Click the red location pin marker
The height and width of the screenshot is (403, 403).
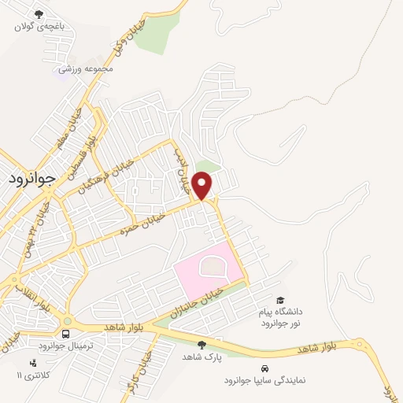point(203,186)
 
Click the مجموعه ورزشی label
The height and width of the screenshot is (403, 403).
point(87,69)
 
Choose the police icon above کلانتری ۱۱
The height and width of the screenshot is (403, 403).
point(32,363)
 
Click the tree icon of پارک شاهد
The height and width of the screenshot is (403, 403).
point(201,345)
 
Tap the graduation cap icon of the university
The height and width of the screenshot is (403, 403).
point(281,299)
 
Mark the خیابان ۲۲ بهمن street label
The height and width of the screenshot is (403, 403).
point(45,221)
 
